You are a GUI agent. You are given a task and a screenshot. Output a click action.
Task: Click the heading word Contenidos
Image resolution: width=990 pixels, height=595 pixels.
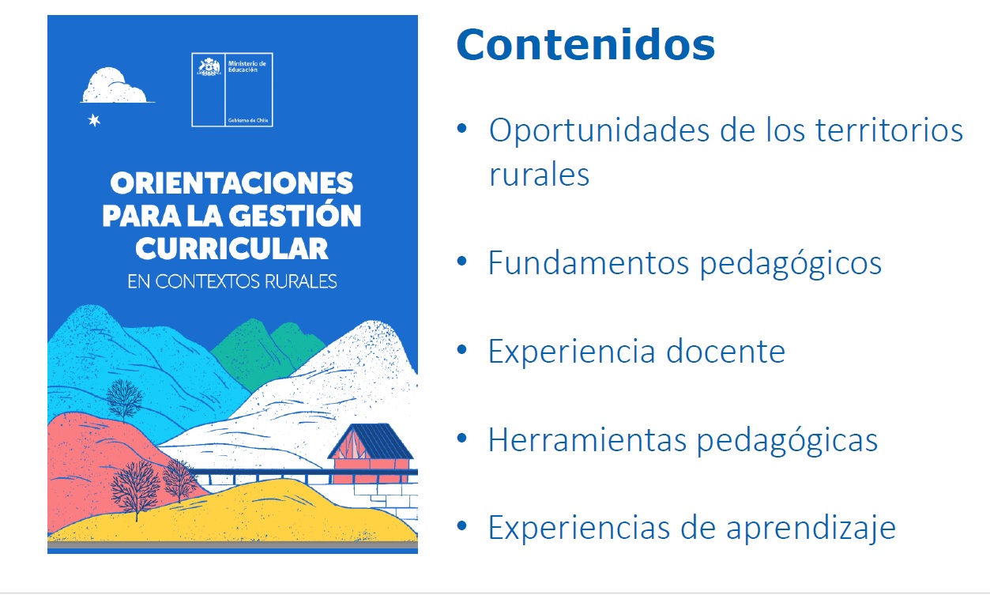[585, 45]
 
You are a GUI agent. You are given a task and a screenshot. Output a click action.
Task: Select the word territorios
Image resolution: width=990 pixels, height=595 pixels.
[889, 130]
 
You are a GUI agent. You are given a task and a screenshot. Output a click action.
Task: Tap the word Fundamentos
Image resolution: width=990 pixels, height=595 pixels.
[589, 263]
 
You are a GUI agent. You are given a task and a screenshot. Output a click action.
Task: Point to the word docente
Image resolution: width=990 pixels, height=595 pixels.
[725, 352]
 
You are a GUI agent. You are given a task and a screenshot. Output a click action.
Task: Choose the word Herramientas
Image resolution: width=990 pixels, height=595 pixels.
[587, 440]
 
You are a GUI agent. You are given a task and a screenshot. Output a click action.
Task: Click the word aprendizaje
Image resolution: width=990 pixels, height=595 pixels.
[811, 529]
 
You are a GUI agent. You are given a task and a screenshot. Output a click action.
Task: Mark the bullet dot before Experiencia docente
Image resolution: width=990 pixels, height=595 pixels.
[462, 350]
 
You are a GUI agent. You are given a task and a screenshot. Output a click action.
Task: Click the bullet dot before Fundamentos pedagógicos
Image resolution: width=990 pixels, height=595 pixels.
[462, 262]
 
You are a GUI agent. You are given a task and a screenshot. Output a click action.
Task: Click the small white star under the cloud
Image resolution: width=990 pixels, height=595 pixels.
[94, 120]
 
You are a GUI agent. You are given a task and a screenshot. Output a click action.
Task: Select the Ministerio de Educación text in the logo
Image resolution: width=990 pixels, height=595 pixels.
[247, 66]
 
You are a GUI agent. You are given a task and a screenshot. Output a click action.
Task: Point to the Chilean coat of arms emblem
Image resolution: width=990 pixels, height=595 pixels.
[209, 67]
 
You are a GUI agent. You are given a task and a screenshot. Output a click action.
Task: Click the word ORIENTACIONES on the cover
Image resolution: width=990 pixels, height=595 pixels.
[232, 183]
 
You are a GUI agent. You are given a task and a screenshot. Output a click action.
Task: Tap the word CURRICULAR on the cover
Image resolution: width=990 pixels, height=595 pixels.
[232, 248]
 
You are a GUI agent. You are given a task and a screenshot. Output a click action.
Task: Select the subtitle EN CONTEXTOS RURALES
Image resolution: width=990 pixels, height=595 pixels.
[232, 281]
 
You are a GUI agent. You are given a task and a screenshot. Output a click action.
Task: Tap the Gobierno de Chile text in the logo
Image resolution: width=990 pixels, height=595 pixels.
[248, 120]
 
